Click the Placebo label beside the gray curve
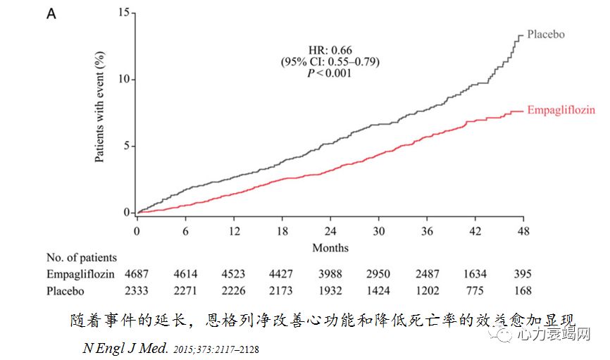547,35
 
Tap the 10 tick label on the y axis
124,79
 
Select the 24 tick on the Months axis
330,232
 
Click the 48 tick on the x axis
522,232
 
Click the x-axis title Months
330,247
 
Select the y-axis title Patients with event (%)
100,107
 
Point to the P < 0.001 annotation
330,73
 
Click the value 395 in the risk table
522,274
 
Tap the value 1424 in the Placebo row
378,290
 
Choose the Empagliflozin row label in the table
77,274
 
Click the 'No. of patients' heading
82,258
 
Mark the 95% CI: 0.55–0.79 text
330,62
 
